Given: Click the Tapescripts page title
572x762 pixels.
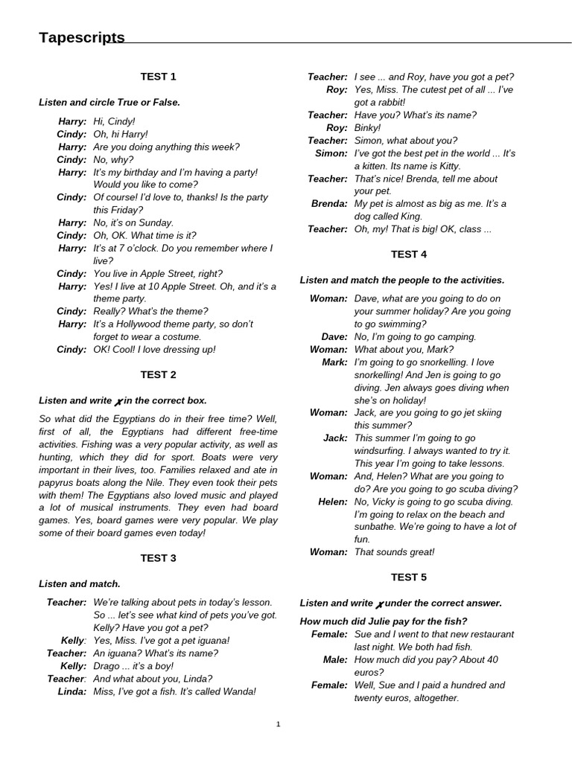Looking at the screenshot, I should [x=82, y=38].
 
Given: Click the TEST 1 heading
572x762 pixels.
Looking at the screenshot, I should [x=158, y=77].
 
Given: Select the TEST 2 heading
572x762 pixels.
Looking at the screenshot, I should [x=158, y=375].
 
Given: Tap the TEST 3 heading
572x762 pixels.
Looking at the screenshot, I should [x=158, y=558].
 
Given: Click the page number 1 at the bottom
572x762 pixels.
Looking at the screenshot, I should [x=278, y=724].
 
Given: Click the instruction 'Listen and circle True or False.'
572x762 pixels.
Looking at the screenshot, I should [x=109, y=102].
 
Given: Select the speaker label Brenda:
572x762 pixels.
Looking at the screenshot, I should [x=329, y=204].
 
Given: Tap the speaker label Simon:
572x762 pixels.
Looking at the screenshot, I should [x=331, y=153].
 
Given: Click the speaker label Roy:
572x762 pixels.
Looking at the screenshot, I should [x=337, y=89].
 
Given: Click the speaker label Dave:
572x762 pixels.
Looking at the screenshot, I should [x=334, y=337].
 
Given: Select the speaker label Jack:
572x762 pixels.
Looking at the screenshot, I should [x=334, y=438].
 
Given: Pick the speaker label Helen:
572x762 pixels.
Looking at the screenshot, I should [x=332, y=502].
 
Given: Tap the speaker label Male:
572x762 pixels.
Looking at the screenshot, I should [x=334, y=659].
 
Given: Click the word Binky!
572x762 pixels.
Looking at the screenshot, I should [x=367, y=128].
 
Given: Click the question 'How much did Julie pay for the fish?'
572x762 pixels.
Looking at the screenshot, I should [x=384, y=621].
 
